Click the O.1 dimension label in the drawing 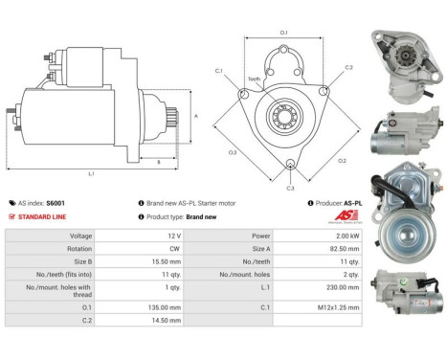pos(284,34)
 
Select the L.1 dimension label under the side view pos(91,173)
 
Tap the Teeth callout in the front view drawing pos(254,79)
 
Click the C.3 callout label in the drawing pos(290,188)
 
